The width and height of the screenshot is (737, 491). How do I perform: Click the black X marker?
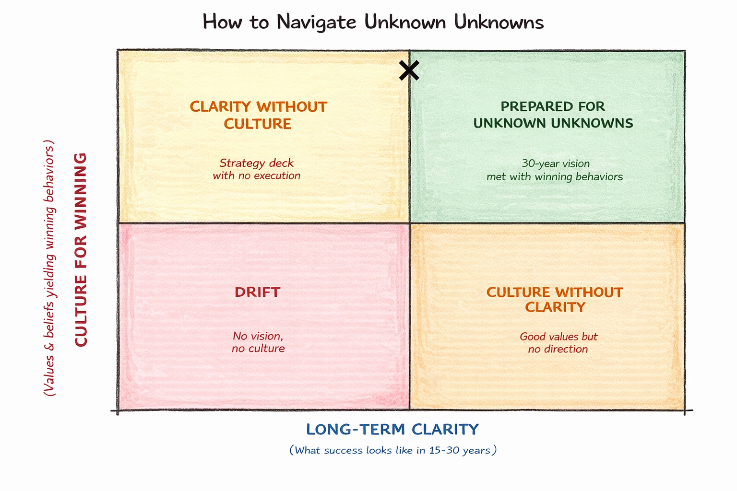coord(409,70)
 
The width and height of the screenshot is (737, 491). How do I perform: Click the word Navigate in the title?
coord(316,22)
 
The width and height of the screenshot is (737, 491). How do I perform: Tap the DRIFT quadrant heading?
coord(257,292)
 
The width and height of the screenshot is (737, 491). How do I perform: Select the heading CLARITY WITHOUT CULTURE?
coord(258,115)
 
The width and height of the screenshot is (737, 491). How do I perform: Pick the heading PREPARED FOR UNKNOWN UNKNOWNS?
coord(553,115)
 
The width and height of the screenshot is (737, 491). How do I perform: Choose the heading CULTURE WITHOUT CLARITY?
coord(555,300)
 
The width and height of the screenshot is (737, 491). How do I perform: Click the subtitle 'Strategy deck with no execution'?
coord(257,169)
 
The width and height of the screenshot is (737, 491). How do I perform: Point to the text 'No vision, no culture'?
coord(258,342)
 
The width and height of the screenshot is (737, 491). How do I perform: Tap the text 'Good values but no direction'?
coord(558,343)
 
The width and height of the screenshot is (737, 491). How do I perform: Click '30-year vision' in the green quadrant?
coord(556,164)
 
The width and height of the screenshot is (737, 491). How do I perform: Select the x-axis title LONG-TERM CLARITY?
coord(392,429)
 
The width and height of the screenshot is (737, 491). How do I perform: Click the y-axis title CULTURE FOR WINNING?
coord(81,249)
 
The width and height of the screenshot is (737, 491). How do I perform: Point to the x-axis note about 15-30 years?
coord(392,450)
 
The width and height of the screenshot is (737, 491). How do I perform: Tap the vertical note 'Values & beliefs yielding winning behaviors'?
coord(49,268)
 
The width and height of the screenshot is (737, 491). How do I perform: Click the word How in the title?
coord(222,22)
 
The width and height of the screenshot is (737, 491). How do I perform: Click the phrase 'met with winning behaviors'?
coord(555,177)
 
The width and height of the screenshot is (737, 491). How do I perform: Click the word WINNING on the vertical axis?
coord(81,192)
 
